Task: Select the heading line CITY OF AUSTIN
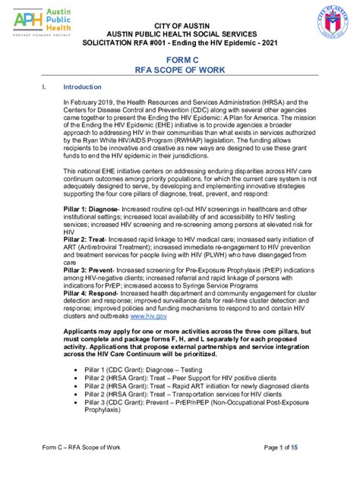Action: point(180,27)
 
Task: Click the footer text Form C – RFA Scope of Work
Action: point(81,467)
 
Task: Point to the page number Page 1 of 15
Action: point(291,467)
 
